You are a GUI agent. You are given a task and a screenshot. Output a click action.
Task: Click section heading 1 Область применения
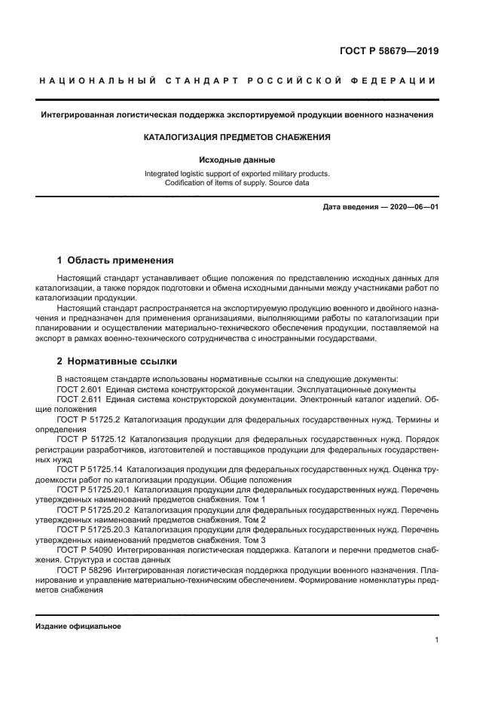(x=115, y=261)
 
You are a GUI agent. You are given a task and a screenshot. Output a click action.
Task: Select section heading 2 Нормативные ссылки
(x=114, y=361)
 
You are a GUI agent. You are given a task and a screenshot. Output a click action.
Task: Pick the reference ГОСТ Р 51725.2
(x=89, y=419)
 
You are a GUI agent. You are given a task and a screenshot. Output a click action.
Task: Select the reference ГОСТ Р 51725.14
(x=91, y=469)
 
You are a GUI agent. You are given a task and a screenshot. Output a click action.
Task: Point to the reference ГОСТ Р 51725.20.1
(x=93, y=489)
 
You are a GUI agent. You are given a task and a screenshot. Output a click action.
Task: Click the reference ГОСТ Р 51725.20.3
(x=93, y=529)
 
